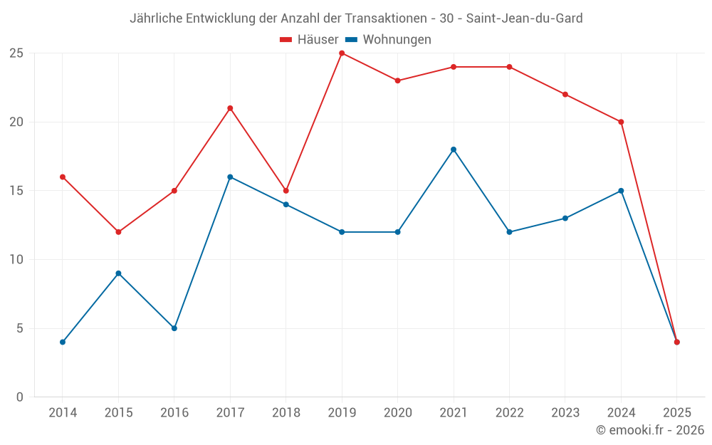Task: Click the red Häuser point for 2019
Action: (342, 53)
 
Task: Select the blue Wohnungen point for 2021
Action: (454, 150)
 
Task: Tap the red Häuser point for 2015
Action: (118, 232)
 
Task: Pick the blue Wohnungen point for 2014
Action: (63, 342)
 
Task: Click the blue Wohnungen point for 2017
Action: (230, 177)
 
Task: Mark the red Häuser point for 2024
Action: (621, 122)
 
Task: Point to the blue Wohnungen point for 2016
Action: (174, 328)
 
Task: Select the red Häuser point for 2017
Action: (230, 108)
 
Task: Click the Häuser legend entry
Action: (309, 40)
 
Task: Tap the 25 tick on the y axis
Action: (16, 53)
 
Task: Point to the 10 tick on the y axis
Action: (16, 260)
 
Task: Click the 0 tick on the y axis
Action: (19, 397)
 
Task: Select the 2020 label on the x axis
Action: (397, 413)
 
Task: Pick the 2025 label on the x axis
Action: (677, 413)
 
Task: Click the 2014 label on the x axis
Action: (63, 413)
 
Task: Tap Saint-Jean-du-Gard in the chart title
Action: (524, 19)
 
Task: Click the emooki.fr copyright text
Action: (650, 430)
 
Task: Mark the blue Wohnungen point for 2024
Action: (621, 191)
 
